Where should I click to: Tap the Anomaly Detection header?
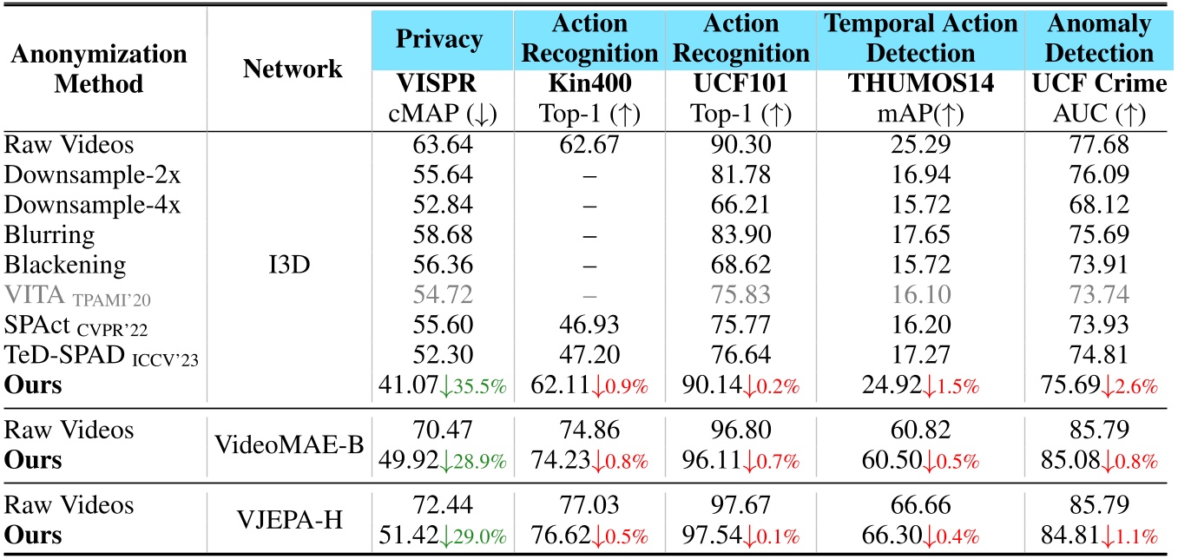[x=1098, y=40]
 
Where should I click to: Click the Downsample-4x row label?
[x=75, y=204]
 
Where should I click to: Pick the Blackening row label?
[x=65, y=263]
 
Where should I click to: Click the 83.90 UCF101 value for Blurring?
[x=740, y=233]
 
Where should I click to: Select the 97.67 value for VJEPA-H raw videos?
[x=740, y=505]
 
